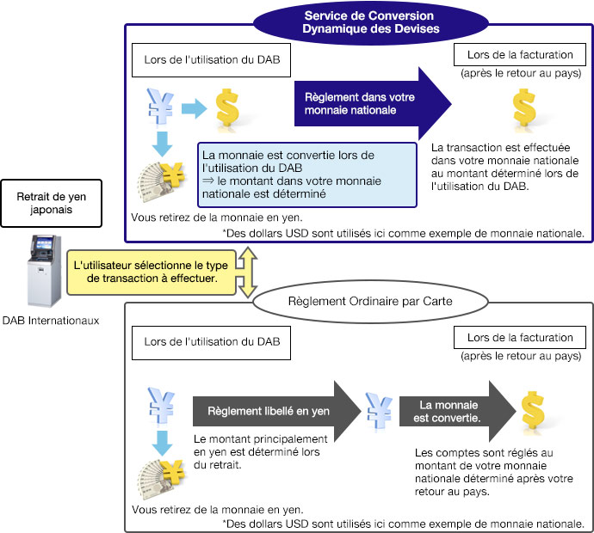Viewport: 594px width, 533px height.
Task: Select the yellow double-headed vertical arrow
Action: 248,272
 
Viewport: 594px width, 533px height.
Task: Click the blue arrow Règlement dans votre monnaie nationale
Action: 372,104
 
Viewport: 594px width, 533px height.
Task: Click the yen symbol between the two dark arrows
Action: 378,411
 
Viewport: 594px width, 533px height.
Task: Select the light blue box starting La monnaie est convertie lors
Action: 308,175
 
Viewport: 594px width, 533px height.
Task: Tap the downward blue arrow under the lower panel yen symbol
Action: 161,444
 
